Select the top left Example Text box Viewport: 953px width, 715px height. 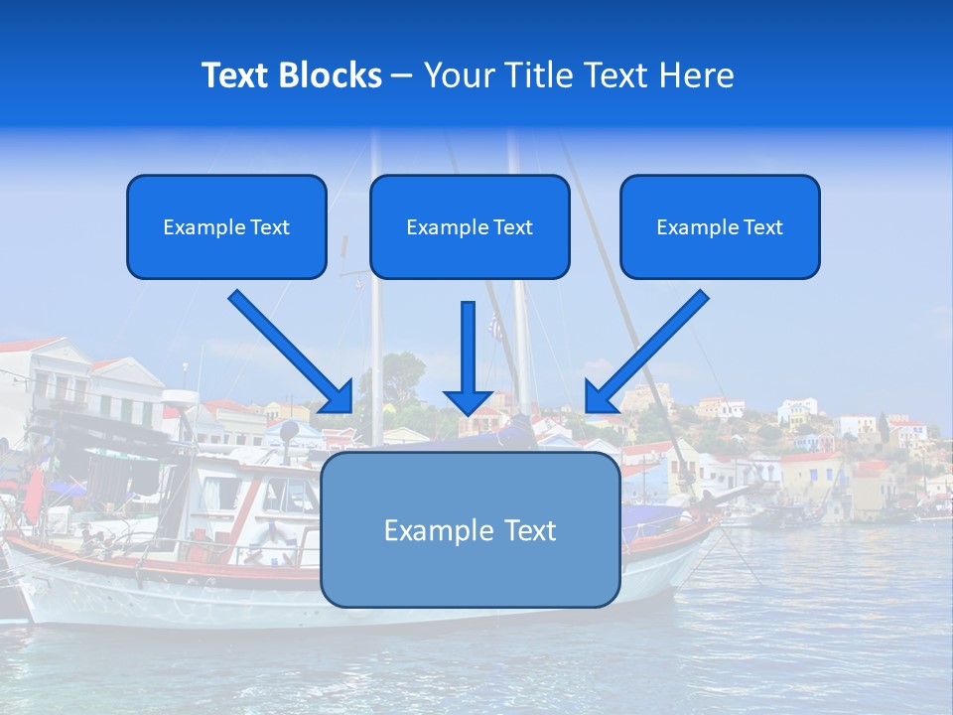point(226,226)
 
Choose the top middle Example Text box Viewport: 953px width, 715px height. point(470,226)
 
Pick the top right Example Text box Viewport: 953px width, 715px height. point(720,226)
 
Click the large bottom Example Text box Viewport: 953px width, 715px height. point(470,529)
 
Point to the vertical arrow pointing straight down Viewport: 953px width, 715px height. point(469,353)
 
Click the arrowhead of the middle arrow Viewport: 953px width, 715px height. point(469,400)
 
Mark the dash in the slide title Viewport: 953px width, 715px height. point(403,76)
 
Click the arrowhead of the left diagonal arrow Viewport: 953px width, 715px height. point(338,396)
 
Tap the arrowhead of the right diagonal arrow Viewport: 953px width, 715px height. point(601,396)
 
